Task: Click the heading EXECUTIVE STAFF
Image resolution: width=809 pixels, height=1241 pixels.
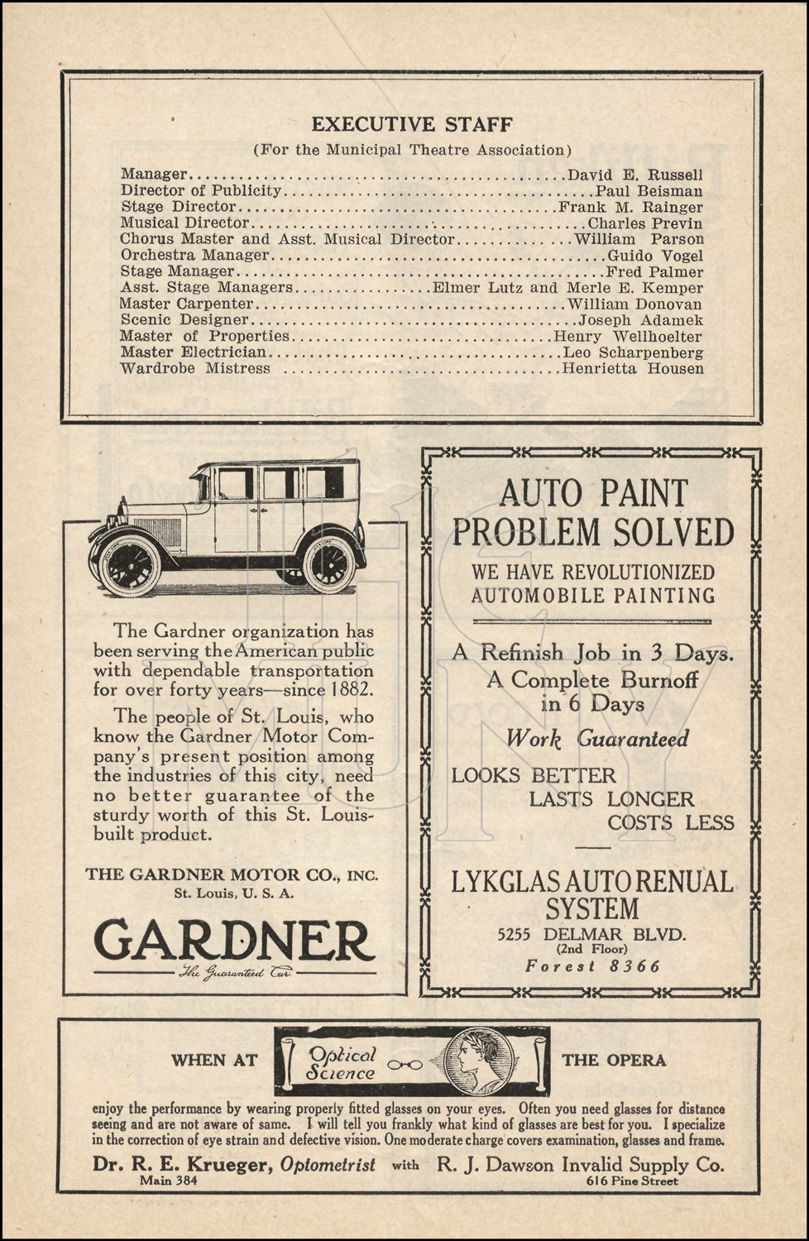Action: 411,125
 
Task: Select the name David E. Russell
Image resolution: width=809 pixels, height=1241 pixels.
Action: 635,175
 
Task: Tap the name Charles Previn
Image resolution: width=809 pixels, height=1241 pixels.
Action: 645,223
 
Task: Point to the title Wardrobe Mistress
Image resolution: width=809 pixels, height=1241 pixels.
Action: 195,369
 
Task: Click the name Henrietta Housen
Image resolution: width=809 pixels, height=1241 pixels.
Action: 633,369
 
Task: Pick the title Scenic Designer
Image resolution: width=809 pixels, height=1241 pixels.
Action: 184,320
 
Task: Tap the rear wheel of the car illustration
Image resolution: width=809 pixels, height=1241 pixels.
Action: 328,564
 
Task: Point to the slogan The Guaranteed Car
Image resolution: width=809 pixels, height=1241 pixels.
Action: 235,973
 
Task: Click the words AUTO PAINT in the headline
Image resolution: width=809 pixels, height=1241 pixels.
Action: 593,494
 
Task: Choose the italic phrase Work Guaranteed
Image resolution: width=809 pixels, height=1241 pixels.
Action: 596,739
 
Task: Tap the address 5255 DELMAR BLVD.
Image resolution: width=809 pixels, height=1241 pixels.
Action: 591,935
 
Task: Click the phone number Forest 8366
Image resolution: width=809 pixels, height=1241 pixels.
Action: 592,966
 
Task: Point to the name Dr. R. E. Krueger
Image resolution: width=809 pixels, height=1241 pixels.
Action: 182,1165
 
